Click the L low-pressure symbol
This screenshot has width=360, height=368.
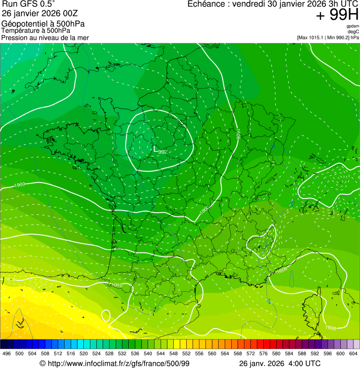pos(155,148)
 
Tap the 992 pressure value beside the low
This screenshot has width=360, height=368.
pos(163,152)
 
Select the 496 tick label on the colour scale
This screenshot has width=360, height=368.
pos(7,353)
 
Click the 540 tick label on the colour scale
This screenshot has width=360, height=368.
pos(148,353)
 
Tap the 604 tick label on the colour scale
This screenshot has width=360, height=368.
pos(353,353)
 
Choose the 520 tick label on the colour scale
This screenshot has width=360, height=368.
pos(84,353)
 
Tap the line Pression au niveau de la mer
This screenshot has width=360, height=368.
pos(45,37)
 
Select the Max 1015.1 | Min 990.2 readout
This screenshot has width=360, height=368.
pos(328,37)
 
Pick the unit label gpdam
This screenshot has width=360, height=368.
pos(353,26)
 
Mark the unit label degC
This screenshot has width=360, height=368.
pos(353,32)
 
